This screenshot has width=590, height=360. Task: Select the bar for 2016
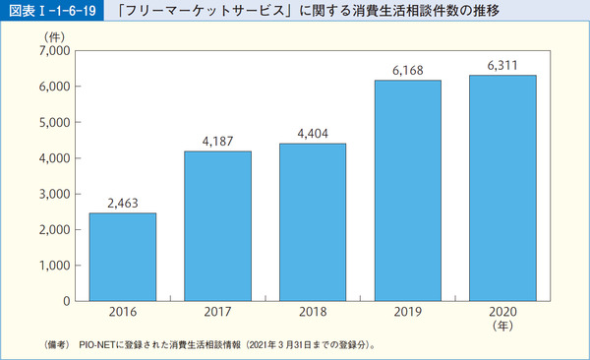click(123, 257)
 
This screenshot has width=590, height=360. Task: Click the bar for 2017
click(217, 225)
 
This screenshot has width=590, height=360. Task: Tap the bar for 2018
click(313, 221)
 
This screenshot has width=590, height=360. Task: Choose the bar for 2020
click(502, 187)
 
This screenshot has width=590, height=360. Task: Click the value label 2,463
click(123, 204)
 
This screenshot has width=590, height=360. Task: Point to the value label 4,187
click(217, 142)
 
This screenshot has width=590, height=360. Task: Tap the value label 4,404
click(313, 134)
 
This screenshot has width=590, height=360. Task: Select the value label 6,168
click(408, 71)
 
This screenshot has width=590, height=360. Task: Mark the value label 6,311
click(502, 66)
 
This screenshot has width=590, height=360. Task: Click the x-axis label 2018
click(313, 314)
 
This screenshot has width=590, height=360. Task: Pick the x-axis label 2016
click(123, 314)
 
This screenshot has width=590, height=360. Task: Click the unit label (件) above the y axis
click(55, 35)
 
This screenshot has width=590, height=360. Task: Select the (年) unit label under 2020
click(502, 327)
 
